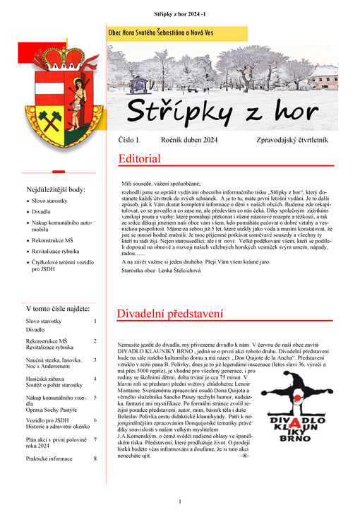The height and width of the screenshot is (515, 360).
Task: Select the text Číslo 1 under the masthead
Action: point(129,141)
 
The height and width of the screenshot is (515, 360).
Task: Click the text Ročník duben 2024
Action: point(188,141)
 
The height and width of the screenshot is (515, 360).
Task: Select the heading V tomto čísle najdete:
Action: point(58,309)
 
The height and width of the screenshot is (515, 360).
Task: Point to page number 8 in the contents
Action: point(95,458)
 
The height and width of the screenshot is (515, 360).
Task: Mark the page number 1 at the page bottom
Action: point(180,502)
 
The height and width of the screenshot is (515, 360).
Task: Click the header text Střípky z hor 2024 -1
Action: point(179,13)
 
